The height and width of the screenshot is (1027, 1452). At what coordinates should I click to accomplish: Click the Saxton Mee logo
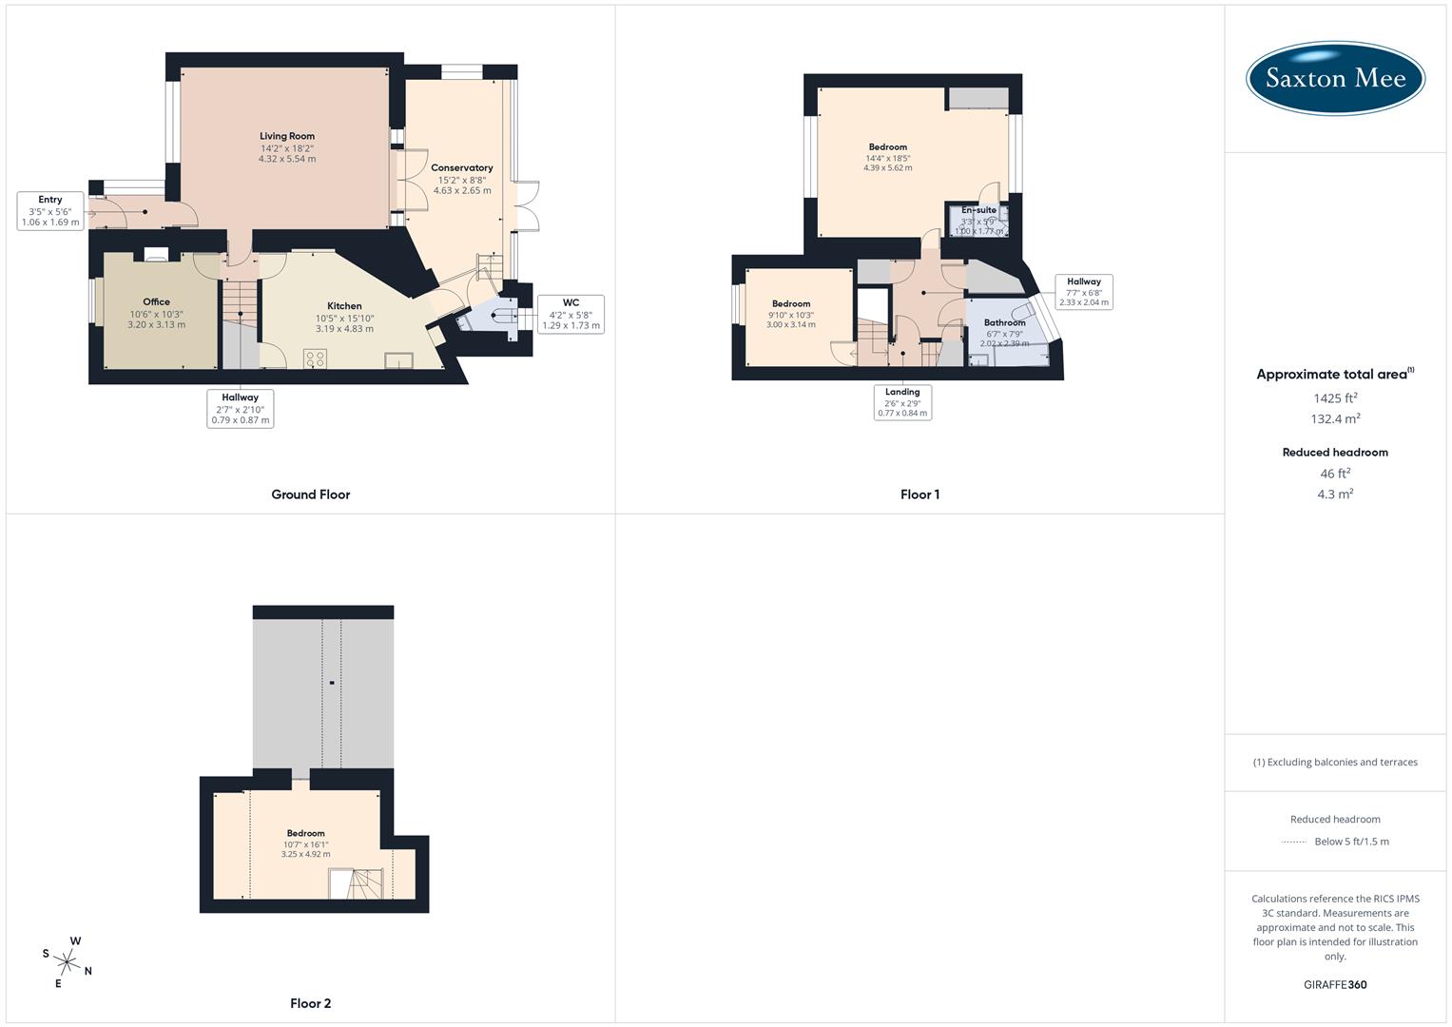[x=1335, y=78]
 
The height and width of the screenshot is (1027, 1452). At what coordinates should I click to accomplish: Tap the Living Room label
[x=287, y=136]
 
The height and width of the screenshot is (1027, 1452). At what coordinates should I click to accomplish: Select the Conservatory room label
[x=462, y=167]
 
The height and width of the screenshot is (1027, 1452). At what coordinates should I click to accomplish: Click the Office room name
[x=156, y=301]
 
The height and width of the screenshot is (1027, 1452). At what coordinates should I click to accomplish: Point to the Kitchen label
[x=344, y=306]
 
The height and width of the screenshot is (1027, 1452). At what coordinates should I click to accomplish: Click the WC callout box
[x=571, y=314]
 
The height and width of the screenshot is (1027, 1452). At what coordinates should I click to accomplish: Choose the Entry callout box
[x=50, y=211]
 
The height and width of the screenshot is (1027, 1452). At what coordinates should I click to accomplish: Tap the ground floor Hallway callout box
[x=241, y=408]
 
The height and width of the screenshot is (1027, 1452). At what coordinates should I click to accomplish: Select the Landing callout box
[x=902, y=402]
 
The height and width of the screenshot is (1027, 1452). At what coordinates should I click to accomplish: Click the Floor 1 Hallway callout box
[x=1083, y=291]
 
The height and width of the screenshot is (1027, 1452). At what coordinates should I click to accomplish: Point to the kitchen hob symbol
[x=315, y=358]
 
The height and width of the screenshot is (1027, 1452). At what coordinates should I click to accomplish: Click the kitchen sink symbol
[x=398, y=359]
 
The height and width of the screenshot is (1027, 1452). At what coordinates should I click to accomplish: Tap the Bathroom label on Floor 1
[x=1004, y=322]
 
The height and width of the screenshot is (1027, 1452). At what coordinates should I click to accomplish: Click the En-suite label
[x=978, y=210]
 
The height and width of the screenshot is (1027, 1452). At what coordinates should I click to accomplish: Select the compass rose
[x=68, y=961]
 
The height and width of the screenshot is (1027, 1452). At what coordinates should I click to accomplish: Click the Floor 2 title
[x=311, y=1003]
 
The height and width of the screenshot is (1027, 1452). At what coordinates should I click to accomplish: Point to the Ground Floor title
[x=311, y=494]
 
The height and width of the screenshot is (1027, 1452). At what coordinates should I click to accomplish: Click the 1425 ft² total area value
[x=1335, y=397]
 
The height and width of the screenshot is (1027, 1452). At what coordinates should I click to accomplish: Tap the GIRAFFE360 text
[x=1335, y=984]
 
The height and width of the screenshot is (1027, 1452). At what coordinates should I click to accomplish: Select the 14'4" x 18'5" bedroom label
[x=887, y=158]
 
